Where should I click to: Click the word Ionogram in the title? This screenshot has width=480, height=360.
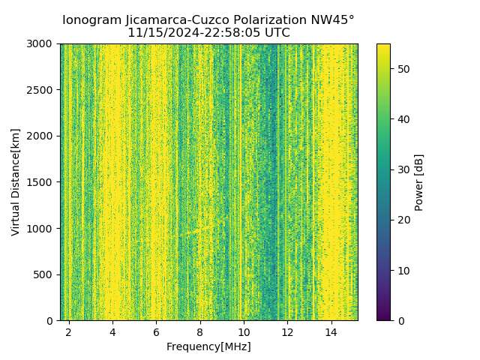(x=91, y=20)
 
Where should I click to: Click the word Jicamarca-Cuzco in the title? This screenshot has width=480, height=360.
(x=177, y=20)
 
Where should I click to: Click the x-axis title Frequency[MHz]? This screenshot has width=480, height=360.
(x=208, y=346)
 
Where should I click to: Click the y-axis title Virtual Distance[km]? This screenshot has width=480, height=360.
(x=16, y=182)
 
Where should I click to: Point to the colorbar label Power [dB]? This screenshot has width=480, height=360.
(x=418, y=182)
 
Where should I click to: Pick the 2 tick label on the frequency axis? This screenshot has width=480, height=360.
(x=69, y=331)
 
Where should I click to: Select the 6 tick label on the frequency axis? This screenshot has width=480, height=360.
(x=156, y=331)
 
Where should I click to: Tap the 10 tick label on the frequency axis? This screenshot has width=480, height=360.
(x=244, y=331)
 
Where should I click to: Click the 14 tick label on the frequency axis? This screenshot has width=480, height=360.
(x=331, y=331)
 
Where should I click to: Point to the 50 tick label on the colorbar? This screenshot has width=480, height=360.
(x=401, y=69)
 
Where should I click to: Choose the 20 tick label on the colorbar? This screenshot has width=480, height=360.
(x=401, y=220)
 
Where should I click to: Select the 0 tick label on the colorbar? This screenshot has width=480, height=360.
(x=399, y=320)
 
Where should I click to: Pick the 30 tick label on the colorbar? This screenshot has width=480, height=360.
(x=401, y=169)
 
